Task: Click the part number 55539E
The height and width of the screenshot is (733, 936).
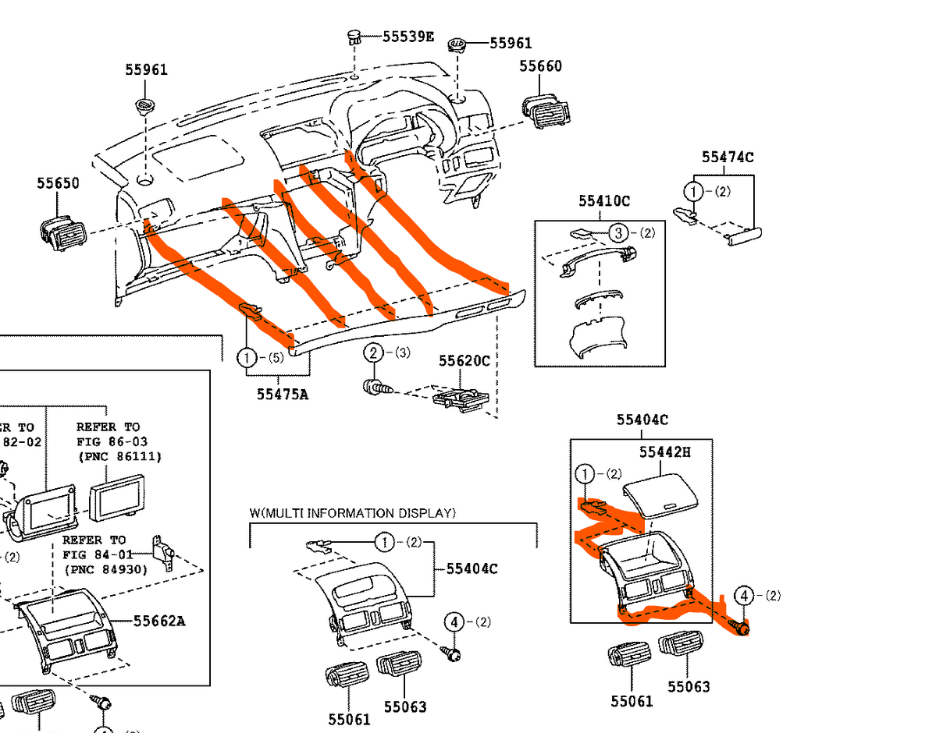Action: tap(408, 36)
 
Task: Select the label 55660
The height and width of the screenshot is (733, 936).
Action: tap(540, 66)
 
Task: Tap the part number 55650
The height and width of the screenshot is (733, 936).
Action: tap(58, 183)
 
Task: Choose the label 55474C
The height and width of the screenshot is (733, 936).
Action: tap(728, 157)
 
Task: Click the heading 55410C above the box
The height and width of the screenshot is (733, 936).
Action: tap(604, 200)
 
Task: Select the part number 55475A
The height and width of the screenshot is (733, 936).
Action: tap(283, 394)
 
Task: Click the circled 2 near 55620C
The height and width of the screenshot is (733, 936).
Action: tap(373, 353)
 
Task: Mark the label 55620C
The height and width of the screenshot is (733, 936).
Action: tap(464, 361)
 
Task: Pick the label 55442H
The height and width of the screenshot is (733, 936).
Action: tap(665, 451)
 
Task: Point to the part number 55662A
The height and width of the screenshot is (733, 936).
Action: tap(158, 621)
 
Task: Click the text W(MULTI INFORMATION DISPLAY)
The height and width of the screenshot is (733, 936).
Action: tap(352, 513)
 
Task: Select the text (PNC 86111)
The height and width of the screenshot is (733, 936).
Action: tap(119, 456)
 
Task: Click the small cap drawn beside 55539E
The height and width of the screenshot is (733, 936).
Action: tap(355, 37)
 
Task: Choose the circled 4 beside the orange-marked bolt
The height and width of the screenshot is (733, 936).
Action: tap(743, 596)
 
